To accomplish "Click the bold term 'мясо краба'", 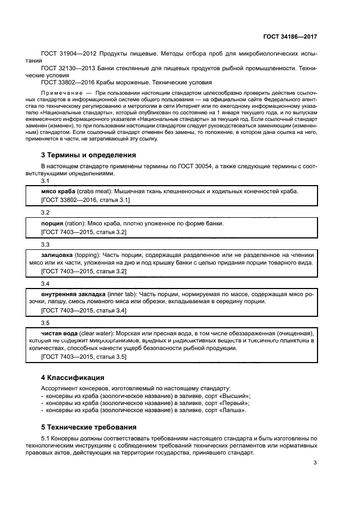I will [58, 192].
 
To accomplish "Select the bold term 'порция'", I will [52, 223].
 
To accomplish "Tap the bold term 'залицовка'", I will [58, 254].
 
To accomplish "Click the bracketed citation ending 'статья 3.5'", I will [84, 357].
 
